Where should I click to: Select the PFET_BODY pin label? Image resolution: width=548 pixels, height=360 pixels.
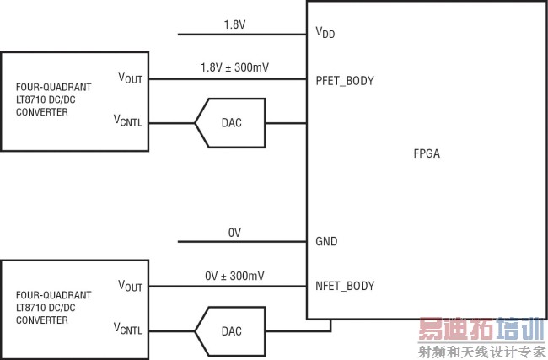click(x=345, y=81)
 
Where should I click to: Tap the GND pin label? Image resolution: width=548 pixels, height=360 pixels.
click(x=326, y=242)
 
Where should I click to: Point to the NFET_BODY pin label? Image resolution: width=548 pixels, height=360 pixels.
click(x=345, y=287)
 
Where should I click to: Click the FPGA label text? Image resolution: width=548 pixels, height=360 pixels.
click(x=427, y=154)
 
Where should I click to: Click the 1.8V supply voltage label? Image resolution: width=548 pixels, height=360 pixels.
click(x=234, y=24)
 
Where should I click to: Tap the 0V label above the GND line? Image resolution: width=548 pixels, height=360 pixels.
click(x=235, y=232)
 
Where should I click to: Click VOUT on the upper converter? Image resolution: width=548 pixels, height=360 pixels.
click(x=130, y=78)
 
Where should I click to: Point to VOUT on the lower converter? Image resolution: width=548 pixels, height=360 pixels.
click(x=130, y=286)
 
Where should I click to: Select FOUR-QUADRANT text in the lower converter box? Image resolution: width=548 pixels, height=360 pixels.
click(x=53, y=295)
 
